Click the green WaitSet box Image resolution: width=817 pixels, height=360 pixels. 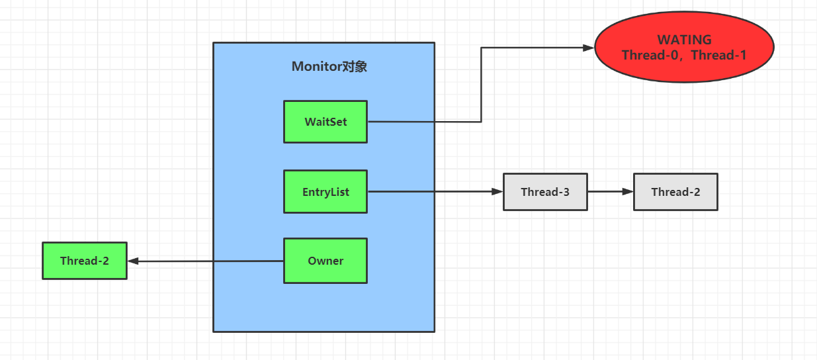pos(325,122)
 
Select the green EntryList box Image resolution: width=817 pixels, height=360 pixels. pos(325,192)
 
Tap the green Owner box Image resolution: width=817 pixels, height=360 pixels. pos(325,261)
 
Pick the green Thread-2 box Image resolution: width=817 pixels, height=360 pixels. pos(84,261)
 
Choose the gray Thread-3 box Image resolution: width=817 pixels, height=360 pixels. pos(544,192)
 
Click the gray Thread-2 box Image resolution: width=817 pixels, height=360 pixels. pos(675,192)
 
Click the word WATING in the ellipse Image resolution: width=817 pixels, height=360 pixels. pos(684,40)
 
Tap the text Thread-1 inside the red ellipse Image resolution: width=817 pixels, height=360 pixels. pos(719,56)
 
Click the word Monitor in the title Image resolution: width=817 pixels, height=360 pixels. pos(316,67)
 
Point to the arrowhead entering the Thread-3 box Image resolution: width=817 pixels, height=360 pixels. pos(497,192)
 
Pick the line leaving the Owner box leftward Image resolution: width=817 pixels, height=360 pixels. pos(205,261)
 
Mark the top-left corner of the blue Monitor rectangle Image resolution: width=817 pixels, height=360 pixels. pos(214,43)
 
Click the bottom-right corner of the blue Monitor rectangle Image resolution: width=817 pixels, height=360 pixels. pos(434,331)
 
